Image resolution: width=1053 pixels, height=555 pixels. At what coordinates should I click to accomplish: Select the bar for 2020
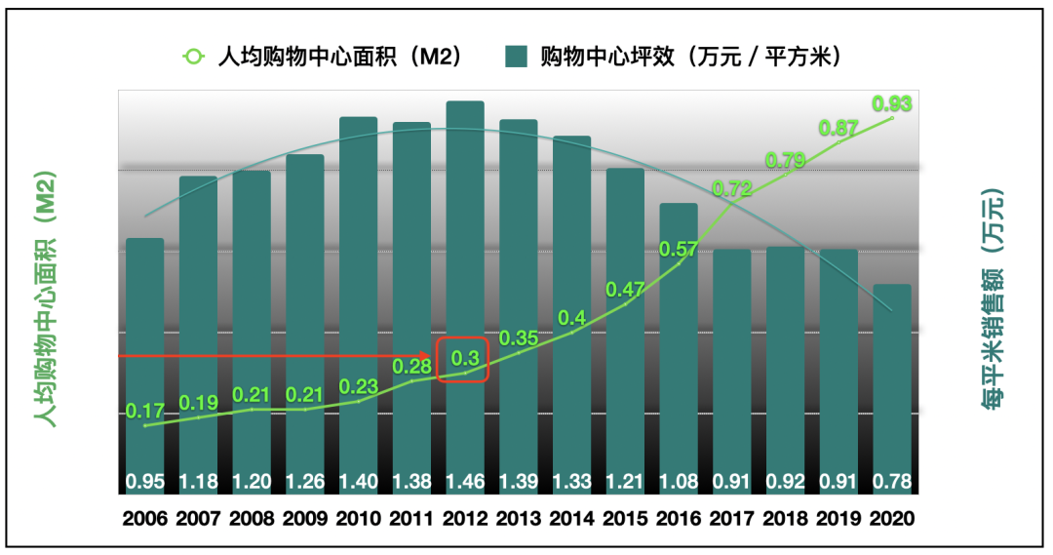click(891, 390)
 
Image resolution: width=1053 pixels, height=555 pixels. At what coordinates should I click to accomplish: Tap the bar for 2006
click(145, 361)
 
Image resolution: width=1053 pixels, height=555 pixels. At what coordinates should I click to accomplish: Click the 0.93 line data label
click(892, 103)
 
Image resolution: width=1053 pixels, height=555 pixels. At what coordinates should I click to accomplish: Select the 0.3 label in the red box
click(463, 359)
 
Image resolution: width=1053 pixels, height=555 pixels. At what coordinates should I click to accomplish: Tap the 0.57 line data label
click(679, 249)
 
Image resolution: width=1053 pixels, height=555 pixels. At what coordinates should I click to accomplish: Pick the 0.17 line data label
click(145, 411)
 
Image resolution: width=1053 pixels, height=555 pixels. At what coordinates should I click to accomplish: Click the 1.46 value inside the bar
click(465, 481)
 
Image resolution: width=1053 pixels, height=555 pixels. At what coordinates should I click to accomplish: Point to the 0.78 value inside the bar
click(891, 481)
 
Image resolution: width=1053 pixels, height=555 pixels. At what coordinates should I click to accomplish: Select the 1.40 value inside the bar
click(359, 481)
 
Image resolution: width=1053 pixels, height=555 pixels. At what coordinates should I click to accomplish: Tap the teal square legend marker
click(517, 57)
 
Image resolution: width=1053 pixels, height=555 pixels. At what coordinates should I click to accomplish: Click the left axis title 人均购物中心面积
click(44, 297)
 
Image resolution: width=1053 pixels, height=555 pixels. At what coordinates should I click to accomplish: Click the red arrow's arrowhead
click(425, 356)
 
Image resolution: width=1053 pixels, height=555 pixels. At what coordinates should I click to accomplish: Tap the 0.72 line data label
click(732, 189)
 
